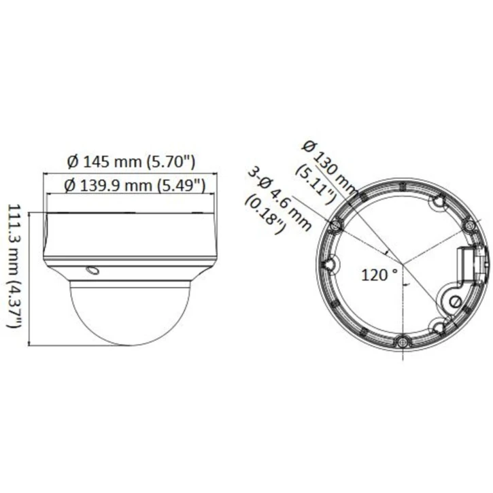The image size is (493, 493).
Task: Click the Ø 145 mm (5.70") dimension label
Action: [132, 162]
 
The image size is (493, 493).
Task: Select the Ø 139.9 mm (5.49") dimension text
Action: [135, 184]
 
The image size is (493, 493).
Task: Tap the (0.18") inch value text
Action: [265, 216]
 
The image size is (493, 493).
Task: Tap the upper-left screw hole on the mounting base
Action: [335, 224]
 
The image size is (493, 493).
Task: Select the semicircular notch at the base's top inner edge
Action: [439, 201]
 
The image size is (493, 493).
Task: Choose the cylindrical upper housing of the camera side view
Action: [131, 235]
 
